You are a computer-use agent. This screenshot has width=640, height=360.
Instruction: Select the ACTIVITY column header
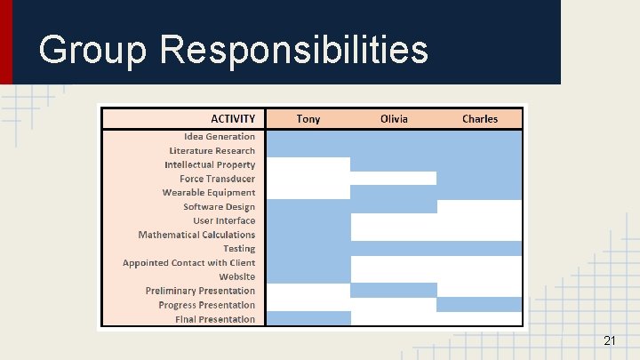tap(233, 118)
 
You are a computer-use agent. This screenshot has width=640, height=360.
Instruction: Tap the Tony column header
tap(308, 118)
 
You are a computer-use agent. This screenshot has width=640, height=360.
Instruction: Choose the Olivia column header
tap(394, 118)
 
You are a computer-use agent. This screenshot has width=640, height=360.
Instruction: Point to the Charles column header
tap(480, 118)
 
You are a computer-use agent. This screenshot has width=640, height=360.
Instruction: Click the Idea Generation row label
tap(219, 137)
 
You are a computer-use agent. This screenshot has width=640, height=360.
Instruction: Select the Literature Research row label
tap(212, 151)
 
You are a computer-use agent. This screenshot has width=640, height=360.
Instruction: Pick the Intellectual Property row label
tap(209, 164)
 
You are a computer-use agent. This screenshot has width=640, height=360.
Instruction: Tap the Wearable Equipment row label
tap(208, 193)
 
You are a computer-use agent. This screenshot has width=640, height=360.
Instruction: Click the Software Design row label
tap(219, 207)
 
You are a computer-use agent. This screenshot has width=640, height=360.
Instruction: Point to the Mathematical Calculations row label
tap(196, 235)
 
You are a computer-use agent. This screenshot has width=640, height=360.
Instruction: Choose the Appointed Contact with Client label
tap(188, 263)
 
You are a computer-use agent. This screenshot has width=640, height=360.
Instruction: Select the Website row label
tap(236, 276)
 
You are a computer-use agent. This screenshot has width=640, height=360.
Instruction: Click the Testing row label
tap(238, 249)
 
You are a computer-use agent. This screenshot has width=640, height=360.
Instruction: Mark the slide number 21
tap(609, 340)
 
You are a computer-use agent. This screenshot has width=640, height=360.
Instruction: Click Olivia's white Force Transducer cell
tap(394, 179)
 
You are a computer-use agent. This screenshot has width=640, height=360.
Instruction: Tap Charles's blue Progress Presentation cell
tap(479, 305)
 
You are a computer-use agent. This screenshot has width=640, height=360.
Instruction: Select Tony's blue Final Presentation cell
tap(308, 318)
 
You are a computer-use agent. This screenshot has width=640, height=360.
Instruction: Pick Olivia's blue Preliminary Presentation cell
tap(394, 291)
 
